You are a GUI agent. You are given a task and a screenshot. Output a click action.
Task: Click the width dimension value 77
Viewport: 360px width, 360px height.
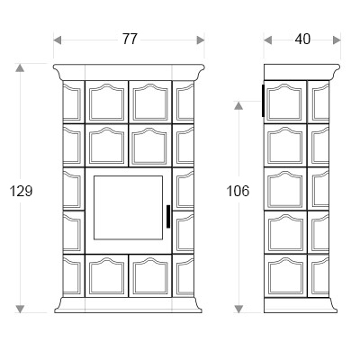pos(130,40)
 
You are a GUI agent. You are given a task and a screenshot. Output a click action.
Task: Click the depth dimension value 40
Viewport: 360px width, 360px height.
pos(302,40)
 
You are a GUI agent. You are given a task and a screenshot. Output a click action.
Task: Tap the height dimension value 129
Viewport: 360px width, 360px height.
pos(21,191)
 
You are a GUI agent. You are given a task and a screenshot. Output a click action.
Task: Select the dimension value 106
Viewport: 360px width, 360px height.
pos(238,191)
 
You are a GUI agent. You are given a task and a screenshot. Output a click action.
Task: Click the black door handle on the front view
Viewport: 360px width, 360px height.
pos(168,216)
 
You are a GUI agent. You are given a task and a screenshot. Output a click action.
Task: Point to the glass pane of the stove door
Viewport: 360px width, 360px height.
pos(128,208)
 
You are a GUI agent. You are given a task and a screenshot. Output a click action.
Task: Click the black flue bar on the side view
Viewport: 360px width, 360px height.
pos(263,101)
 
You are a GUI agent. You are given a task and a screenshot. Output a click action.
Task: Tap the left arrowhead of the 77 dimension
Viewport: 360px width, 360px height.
pos(58,40)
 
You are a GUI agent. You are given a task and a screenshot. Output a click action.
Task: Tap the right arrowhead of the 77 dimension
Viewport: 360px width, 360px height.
pos(201,40)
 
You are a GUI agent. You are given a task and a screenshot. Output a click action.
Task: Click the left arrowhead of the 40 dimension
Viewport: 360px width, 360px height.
pos(268,40)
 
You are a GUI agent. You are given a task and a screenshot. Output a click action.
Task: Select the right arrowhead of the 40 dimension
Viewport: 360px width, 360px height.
pos(337,40)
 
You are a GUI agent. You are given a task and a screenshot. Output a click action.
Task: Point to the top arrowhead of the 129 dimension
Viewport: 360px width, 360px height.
pos(20,67)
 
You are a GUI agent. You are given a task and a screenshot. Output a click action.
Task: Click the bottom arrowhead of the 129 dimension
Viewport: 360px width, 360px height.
pos(20,309)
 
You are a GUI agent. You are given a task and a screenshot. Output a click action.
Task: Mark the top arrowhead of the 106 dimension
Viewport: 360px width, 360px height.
pos(238,105)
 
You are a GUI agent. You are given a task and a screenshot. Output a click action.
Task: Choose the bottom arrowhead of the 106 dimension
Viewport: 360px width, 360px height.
pos(238,309)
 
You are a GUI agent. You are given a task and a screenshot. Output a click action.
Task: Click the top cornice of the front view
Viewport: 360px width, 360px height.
pos(129,72)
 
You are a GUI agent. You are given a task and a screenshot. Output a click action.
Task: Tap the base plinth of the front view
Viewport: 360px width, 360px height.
pos(128,305)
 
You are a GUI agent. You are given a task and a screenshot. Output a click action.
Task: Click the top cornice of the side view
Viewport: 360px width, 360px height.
pos(301,72)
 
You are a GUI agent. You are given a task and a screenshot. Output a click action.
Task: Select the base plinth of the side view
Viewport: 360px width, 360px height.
pos(301,305)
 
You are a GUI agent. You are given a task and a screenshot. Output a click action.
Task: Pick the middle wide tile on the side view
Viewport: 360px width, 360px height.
pos(285,188)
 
